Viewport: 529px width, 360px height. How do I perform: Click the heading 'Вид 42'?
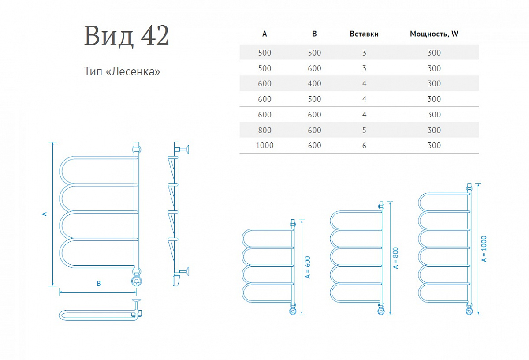[127, 36]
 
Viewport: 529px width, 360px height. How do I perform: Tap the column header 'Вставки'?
[364, 34]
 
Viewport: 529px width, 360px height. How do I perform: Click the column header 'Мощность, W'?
[434, 34]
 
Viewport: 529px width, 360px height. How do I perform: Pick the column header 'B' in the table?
[314, 34]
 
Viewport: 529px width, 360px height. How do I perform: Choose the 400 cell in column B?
[314, 83]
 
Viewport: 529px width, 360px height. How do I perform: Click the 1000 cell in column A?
[264, 145]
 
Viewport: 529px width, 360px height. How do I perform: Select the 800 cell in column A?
[264, 130]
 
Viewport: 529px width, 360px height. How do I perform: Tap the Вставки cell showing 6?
[364, 145]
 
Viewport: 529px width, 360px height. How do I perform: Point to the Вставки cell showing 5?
[364, 130]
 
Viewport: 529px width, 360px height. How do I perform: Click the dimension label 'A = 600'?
[308, 267]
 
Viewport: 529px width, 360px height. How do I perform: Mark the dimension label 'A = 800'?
[395, 258]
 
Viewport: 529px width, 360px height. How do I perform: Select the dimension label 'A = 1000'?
[484, 249]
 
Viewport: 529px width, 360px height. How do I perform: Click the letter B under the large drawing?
[99, 284]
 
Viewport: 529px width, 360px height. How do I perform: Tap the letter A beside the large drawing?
[44, 214]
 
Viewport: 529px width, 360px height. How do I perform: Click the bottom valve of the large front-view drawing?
[137, 281]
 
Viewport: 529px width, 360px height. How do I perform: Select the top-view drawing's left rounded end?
[62, 315]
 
